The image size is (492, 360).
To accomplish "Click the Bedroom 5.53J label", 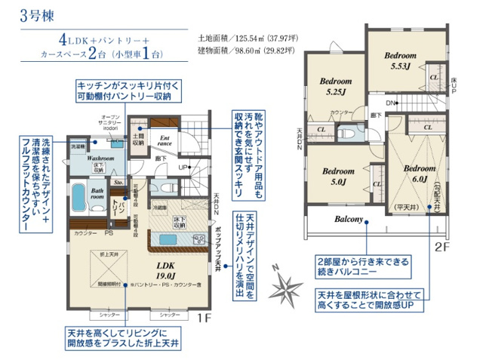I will tap(399, 61).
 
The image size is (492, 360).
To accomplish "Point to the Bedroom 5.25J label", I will tap(336, 86).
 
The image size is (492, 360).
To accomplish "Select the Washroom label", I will tap(100, 159).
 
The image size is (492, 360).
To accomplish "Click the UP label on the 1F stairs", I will tap(182, 167).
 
